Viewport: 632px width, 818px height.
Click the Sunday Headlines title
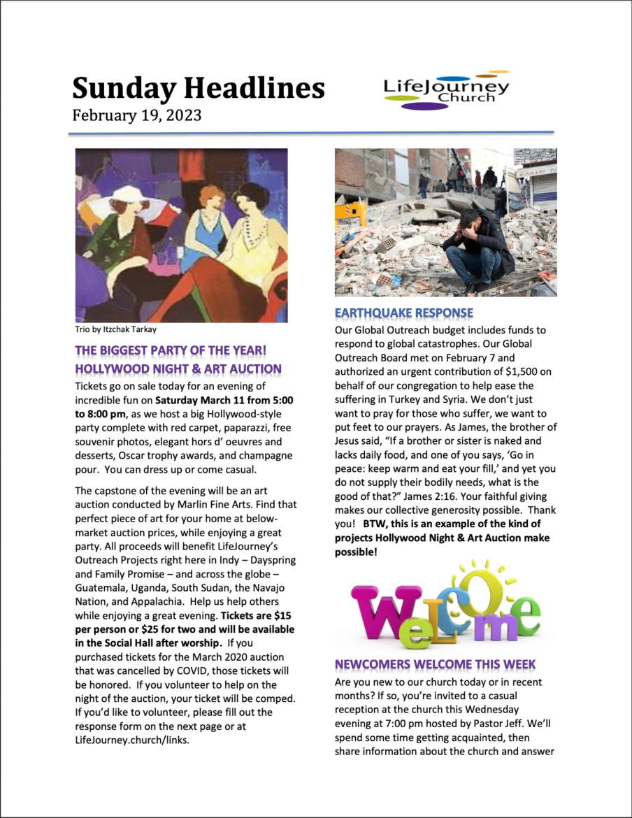[199, 89]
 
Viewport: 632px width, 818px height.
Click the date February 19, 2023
[137, 115]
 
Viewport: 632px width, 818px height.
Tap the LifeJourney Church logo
[447, 91]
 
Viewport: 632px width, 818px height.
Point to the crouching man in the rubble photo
[480, 248]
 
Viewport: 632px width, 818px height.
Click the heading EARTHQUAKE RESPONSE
[404, 313]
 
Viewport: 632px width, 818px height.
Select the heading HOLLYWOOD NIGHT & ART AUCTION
[178, 368]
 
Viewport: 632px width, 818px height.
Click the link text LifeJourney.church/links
[132, 740]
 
